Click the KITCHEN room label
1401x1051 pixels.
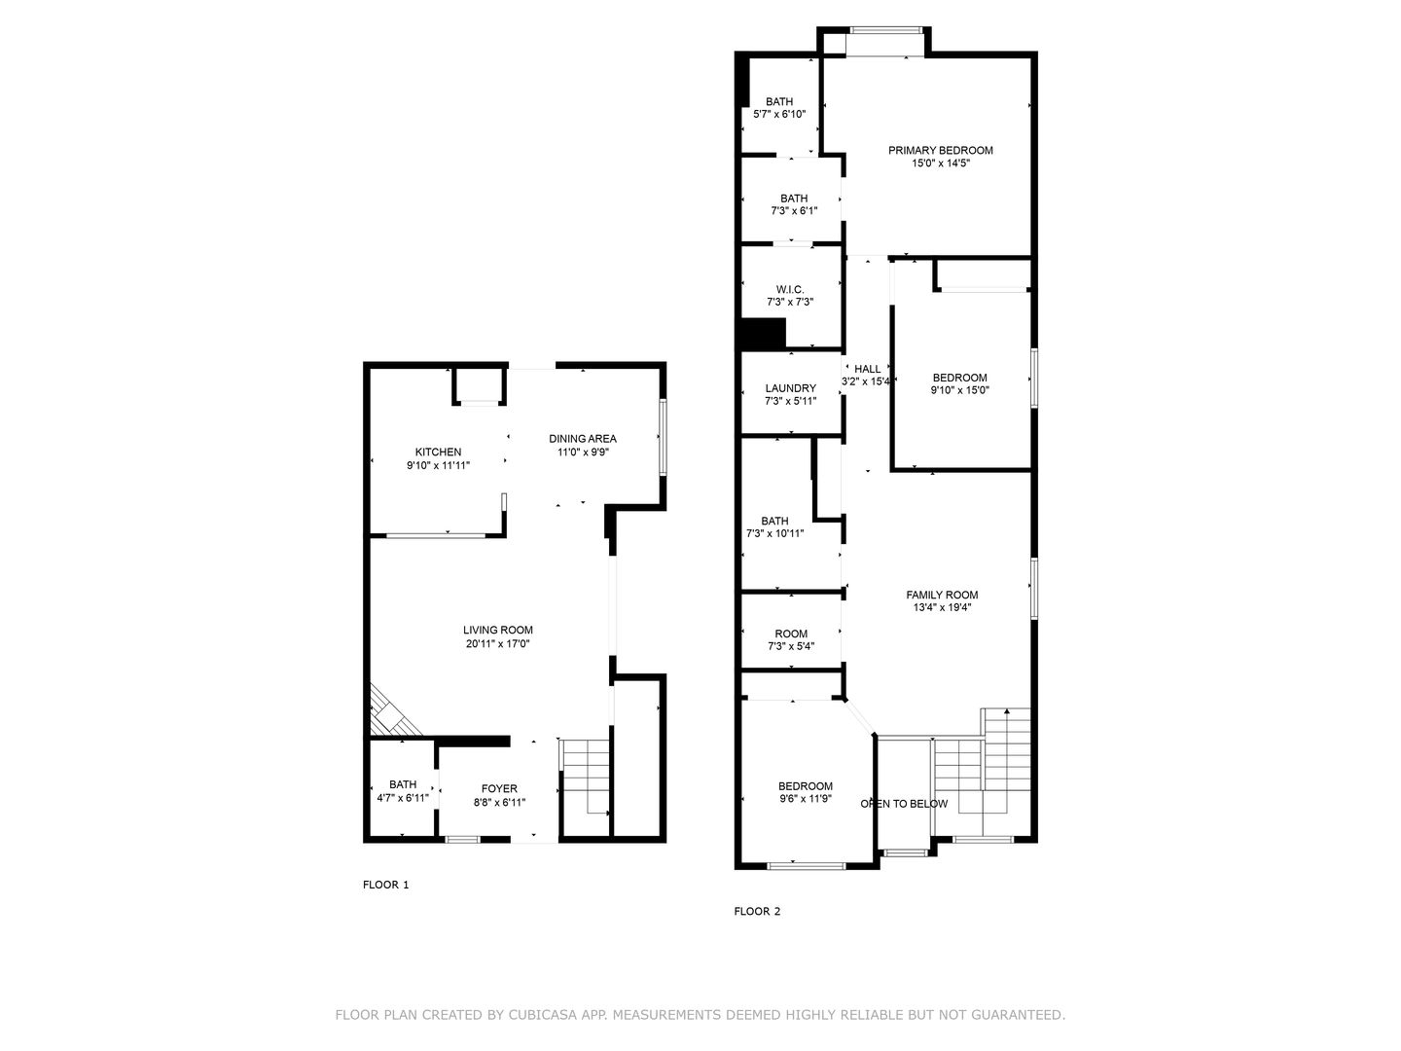[x=438, y=452]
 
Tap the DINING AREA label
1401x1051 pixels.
[x=582, y=438]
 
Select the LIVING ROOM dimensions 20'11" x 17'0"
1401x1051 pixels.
[x=497, y=643]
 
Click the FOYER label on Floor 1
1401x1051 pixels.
[x=499, y=788]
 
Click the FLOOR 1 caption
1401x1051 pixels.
[x=386, y=885]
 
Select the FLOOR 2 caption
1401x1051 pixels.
[x=757, y=912]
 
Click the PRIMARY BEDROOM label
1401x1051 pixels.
[x=940, y=150]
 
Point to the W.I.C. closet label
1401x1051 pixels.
[x=789, y=289]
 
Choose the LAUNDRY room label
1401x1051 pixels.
[x=790, y=388]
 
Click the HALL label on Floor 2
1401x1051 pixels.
[x=867, y=369]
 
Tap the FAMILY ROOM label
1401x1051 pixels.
[x=942, y=595]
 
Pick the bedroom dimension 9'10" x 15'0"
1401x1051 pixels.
[x=959, y=390]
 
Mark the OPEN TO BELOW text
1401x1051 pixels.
[x=904, y=804]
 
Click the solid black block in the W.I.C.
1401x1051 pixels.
[x=764, y=333]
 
